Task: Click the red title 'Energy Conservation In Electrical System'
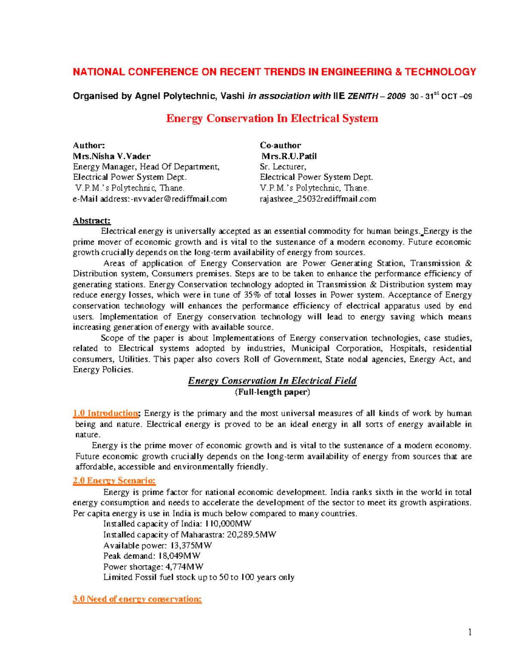tap(272, 119)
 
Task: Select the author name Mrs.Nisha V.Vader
tap(112, 156)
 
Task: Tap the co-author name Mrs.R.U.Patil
tap(289, 156)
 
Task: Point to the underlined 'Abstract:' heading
tap(92, 221)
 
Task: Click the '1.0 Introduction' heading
tap(106, 413)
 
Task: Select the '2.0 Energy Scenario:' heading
tap(114, 480)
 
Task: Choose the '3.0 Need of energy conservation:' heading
tap(137, 599)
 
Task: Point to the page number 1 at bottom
tap(470, 632)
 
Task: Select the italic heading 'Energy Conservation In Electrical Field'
tap(272, 381)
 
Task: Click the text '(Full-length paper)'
tap(272, 392)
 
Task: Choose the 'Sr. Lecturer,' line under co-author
tap(283, 167)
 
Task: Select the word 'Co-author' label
tap(280, 145)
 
